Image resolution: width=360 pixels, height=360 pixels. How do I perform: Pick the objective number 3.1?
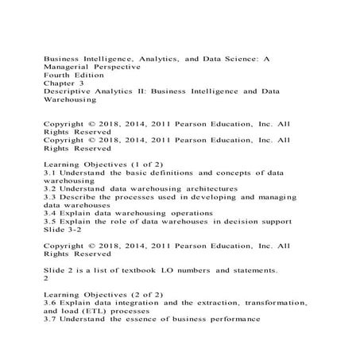click(x=48, y=172)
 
